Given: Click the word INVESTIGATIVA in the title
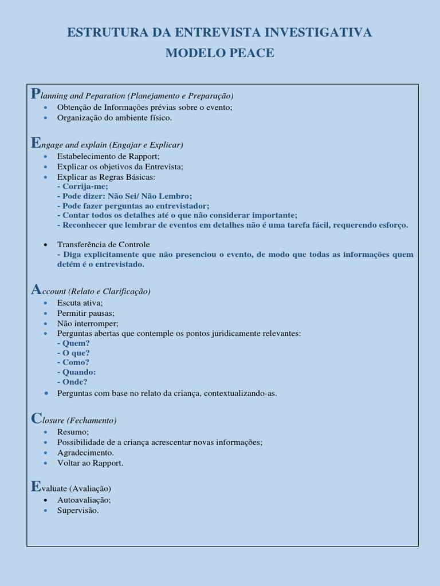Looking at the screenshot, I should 314,33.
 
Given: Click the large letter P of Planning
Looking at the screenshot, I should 35,94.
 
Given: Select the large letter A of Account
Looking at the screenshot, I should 36,290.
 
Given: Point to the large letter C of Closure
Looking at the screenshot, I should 36,419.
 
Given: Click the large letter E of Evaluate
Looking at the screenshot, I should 36,487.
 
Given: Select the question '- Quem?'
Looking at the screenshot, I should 73,343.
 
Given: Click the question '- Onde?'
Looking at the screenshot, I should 73,382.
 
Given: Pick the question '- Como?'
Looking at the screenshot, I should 73,362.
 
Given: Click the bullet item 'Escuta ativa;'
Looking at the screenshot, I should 80,303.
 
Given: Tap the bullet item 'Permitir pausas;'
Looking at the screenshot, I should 86,313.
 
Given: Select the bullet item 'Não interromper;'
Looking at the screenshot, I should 88,323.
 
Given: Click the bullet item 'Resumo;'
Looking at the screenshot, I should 73,432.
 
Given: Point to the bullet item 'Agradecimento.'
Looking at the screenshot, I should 85,453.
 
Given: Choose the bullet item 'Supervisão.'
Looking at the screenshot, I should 78,510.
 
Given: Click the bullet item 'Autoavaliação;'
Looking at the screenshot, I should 84,500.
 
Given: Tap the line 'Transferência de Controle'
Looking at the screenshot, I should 104,244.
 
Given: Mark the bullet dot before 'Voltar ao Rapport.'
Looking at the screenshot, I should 46,463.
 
